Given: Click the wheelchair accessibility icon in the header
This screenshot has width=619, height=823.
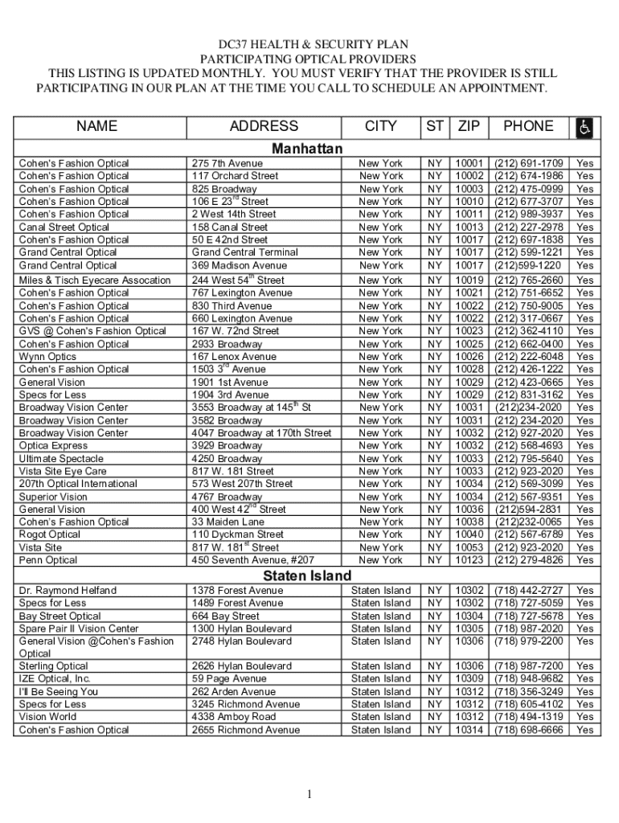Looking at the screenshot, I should (x=584, y=127).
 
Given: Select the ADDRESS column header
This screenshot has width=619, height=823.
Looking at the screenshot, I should (x=264, y=126).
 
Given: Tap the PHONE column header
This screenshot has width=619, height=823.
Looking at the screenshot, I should (x=528, y=126).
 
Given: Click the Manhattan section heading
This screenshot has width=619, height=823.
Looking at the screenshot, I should (x=307, y=149).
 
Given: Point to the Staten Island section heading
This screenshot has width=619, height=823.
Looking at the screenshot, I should (x=307, y=576).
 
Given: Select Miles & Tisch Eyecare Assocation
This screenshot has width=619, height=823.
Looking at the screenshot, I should (x=95, y=280).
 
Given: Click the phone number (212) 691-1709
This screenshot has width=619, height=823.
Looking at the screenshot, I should (x=528, y=163).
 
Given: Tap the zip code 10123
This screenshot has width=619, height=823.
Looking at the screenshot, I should (x=469, y=560).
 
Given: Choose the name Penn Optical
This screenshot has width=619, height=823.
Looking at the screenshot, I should (x=48, y=560).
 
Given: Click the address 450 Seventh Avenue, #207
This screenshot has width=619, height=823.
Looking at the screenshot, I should (x=252, y=560).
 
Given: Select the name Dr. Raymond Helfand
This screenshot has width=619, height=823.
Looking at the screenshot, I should (x=68, y=591).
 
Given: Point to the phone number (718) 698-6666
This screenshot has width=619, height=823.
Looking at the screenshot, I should (x=528, y=730).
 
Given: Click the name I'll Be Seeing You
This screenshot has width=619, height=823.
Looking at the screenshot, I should (x=59, y=692).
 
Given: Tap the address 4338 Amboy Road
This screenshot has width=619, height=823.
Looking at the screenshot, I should (x=233, y=717).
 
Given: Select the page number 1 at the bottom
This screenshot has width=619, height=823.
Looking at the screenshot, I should (x=309, y=796).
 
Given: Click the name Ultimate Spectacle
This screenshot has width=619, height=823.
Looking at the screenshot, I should (x=61, y=459).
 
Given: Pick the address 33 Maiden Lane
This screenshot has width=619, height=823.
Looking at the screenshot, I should (x=228, y=522).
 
